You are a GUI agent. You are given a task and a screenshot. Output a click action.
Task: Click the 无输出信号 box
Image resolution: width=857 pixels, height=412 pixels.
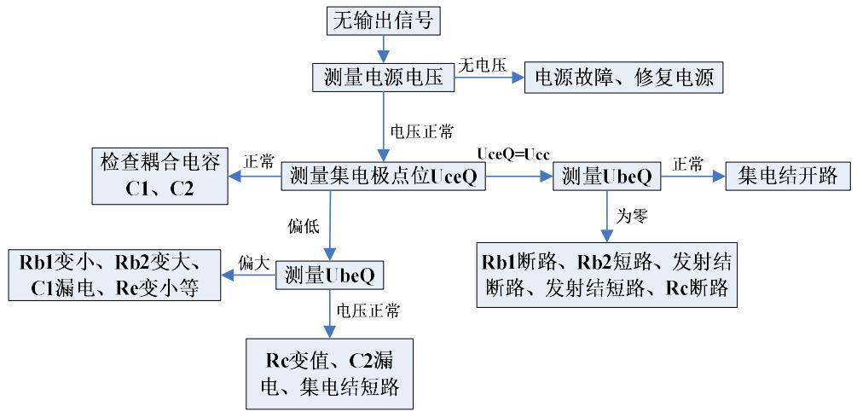click(384, 20)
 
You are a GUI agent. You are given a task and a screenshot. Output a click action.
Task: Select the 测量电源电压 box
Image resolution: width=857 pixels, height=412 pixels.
click(384, 78)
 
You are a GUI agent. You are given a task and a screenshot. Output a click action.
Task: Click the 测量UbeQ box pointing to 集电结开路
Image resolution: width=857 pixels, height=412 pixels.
click(608, 177)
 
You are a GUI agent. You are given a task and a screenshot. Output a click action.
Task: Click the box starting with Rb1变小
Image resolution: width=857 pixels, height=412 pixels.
click(113, 275)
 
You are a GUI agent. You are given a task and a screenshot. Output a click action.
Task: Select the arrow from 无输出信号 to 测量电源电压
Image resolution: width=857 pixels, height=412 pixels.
click(384, 49)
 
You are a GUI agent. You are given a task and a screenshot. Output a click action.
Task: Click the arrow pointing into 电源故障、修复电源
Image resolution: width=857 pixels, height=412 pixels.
click(489, 79)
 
